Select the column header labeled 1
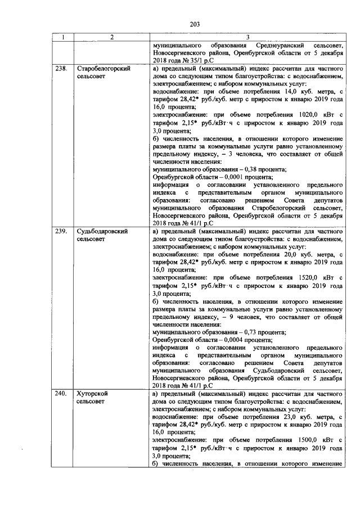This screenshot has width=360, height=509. tap(63, 37)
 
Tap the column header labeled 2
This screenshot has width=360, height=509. tap(112, 37)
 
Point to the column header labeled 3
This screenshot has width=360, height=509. tap(248, 37)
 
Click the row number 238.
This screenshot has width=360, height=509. tap(61, 69)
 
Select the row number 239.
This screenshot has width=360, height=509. tap(61, 231)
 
